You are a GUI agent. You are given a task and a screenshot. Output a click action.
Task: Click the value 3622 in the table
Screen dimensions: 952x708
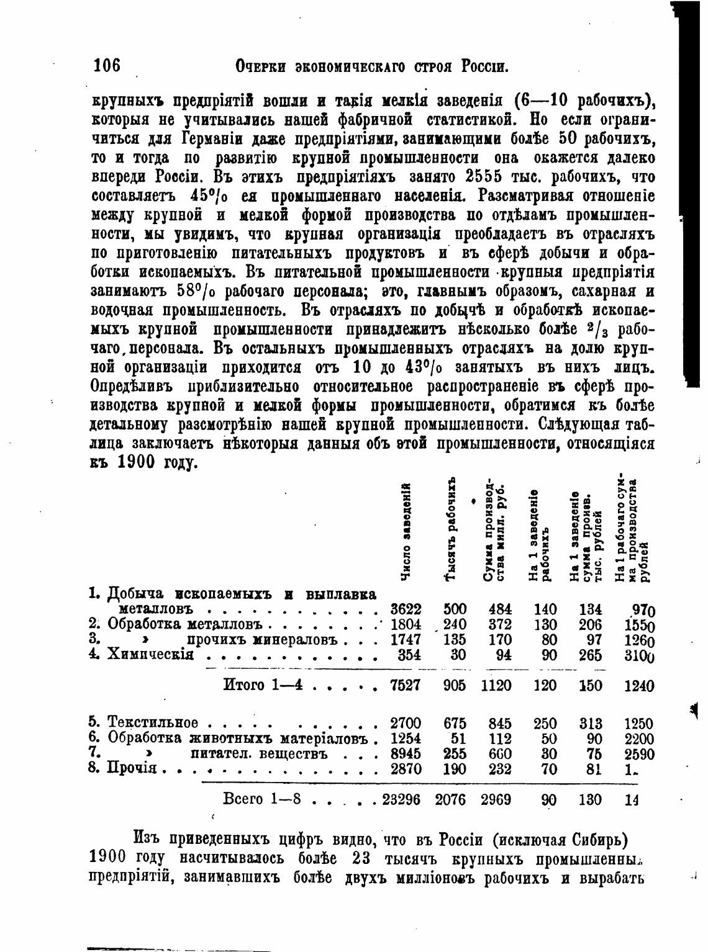point(406,609)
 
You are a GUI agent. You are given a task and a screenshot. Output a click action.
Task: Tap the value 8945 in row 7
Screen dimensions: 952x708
point(406,754)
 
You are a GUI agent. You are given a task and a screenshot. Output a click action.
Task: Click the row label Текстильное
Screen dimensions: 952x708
point(153,724)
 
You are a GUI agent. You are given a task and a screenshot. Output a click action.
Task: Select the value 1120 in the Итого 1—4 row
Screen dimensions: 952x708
point(496,686)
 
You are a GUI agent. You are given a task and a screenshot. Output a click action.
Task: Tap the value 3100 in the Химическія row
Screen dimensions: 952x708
point(640,655)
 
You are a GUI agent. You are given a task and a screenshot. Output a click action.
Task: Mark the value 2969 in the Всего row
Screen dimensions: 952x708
point(496,800)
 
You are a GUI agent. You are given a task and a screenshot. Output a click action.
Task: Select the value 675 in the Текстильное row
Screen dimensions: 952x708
point(455,724)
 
